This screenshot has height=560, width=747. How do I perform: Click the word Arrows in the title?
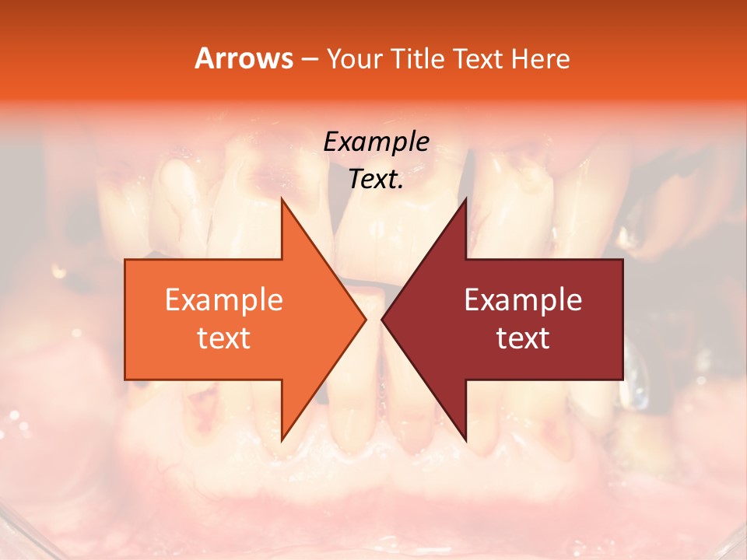243,58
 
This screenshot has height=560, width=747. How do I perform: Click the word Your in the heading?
354,58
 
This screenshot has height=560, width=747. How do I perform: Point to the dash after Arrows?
308,59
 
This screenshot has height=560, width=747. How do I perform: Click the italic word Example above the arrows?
376,142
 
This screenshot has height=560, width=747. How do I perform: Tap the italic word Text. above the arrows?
376,179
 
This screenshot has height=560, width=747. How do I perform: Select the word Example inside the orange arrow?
223,299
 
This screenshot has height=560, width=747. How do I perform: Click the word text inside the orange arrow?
223,338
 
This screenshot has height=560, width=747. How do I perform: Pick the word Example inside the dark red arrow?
523,299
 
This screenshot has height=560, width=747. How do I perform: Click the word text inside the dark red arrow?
523,338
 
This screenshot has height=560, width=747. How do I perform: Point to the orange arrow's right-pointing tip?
365,319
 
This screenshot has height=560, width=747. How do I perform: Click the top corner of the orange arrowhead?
282,199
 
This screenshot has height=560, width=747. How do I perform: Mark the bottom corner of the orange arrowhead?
282,439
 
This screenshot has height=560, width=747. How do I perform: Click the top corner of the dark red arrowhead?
465,199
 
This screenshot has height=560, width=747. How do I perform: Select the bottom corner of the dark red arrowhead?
465,439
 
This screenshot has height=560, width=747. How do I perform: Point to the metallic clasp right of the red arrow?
638,381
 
